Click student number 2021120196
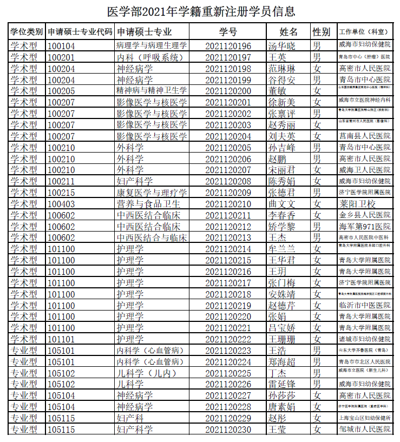(x=228, y=46)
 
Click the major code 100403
(x=61, y=204)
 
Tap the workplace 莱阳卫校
(x=357, y=204)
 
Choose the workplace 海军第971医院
(x=364, y=226)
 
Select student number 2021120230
(x=228, y=430)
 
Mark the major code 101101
(x=61, y=339)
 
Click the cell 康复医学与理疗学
(x=152, y=193)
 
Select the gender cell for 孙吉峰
(x=317, y=147)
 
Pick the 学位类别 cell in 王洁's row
(x=24, y=351)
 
